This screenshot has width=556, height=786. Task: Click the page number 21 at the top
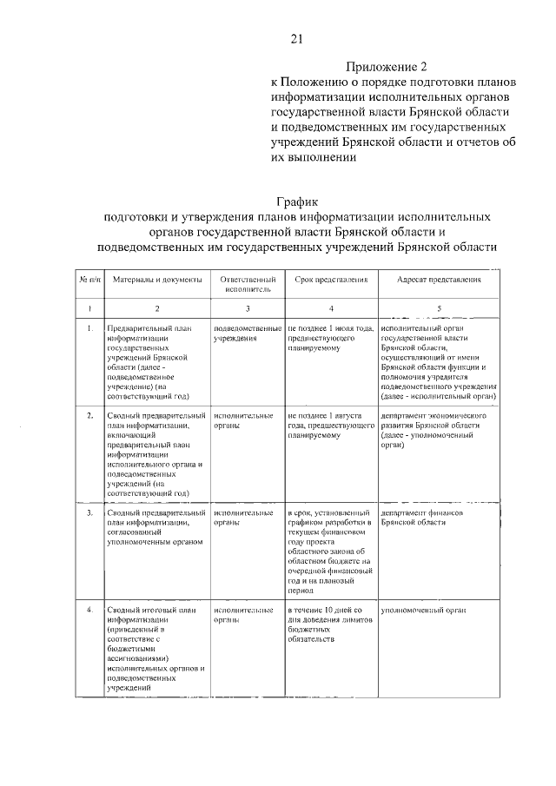coord(296,38)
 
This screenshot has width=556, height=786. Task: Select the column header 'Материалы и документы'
coord(157,281)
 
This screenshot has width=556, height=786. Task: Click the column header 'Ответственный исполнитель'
coord(248,286)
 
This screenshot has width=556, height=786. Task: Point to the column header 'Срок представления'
coord(331,281)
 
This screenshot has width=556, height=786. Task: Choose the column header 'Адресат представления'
coord(439,281)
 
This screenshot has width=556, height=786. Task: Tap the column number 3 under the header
coord(248,308)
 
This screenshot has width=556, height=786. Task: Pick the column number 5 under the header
coord(439,308)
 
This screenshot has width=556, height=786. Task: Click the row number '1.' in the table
coord(90,328)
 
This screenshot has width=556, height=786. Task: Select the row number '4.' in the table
coord(90,610)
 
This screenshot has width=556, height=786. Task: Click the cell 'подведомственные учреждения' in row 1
coord(248,334)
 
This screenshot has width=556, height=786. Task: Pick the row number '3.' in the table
coord(90,513)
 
